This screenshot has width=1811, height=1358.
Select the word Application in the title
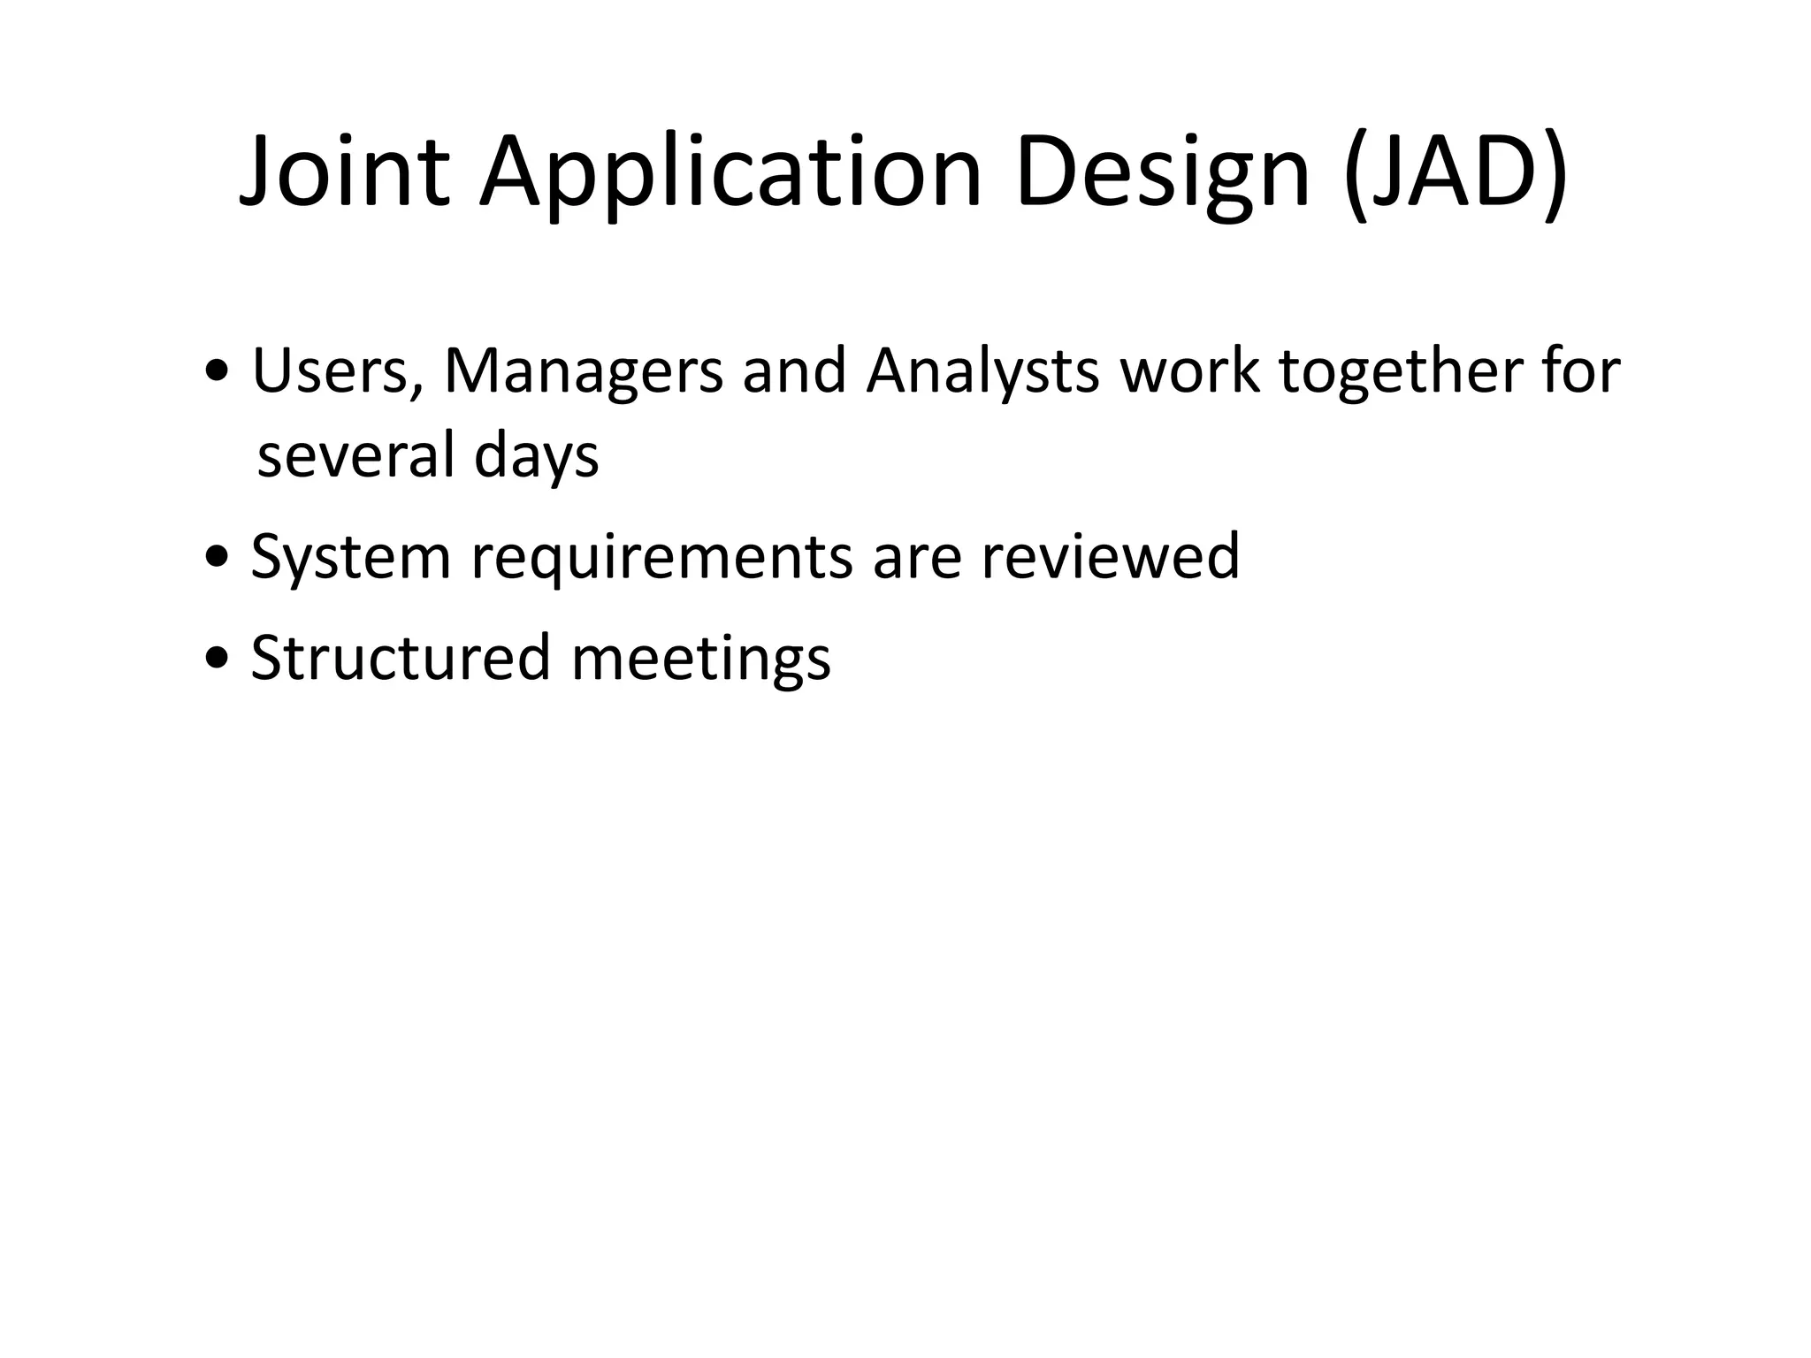tap(730, 172)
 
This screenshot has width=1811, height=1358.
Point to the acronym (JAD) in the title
tap(1456, 172)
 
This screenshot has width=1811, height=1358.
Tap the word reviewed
tap(1110, 557)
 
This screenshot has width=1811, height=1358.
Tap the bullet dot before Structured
tap(216, 660)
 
